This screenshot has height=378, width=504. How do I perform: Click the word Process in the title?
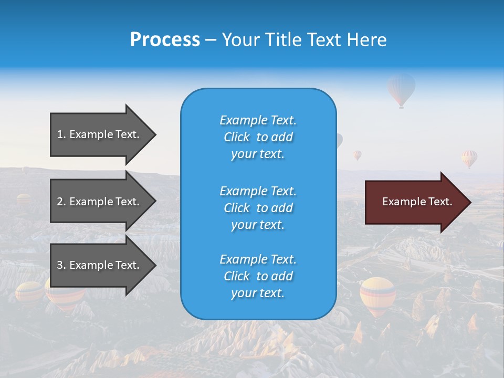[x=165, y=40]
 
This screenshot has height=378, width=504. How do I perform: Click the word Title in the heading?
[x=282, y=40]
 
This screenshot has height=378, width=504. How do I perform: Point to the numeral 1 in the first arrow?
[x=59, y=134]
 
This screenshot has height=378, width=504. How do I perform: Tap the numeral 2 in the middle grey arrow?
[x=59, y=202]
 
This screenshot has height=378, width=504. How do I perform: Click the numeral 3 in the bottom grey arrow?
[x=59, y=265]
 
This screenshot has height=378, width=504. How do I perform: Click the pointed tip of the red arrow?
[x=469, y=202]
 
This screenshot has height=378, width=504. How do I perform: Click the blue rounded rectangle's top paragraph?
[x=258, y=137]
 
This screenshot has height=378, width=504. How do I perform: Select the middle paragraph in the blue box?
[x=258, y=208]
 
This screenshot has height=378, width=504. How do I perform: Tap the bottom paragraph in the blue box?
[x=258, y=276]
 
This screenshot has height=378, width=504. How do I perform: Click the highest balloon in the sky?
[x=401, y=89]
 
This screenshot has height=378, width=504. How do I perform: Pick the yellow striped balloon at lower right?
[x=377, y=295]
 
